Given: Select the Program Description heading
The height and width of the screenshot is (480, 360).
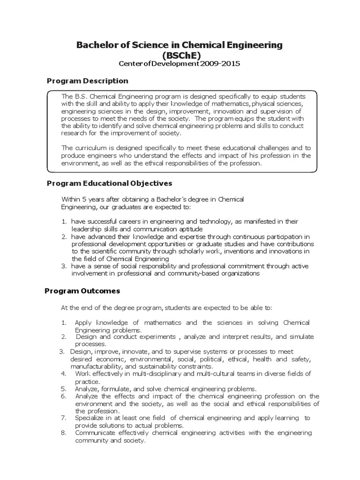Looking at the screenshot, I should (87, 81).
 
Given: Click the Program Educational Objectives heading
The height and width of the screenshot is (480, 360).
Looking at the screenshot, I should (109, 183).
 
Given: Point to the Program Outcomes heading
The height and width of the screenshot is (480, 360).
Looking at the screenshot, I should (82, 291).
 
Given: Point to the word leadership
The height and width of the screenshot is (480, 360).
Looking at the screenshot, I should (86, 229).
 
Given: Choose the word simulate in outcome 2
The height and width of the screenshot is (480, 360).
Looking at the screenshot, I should (301, 337).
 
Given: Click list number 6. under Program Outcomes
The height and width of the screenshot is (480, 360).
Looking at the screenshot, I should (64, 396).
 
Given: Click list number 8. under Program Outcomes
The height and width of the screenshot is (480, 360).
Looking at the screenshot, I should (64, 433).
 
